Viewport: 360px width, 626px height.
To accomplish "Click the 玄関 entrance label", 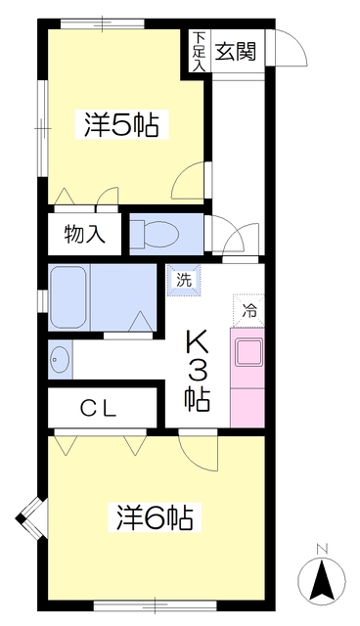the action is coord(236,51).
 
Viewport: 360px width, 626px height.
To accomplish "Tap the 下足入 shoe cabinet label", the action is coord(199,51).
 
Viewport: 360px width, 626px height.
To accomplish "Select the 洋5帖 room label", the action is coord(120,125).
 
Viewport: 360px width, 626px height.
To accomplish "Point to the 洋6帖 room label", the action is coord(155,517).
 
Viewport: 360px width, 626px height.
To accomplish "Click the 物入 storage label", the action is coord(84,234).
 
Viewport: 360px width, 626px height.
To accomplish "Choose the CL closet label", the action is coord(98,409).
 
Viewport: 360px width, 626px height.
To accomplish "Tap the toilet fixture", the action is coord(157,234).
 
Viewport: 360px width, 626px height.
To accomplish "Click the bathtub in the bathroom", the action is coord(67,297).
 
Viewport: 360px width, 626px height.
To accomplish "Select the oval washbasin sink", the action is coord(59,359).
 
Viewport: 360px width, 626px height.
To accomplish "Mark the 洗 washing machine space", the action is coord(184,281).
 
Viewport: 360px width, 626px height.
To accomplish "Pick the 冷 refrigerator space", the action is coord(249,310).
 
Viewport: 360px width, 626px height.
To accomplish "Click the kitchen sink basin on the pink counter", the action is coord(249,352).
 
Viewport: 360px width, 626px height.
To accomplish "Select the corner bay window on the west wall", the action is coord(31,518).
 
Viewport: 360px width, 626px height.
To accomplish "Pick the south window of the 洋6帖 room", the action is coord(155,606).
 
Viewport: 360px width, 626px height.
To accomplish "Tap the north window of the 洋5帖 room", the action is coord(102,23).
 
